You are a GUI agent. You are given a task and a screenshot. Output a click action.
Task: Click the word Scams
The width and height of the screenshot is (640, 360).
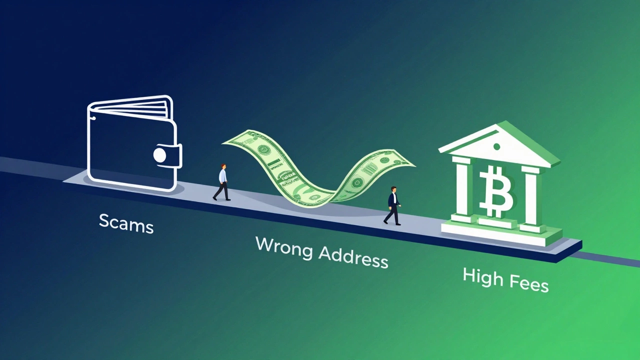point(126,223)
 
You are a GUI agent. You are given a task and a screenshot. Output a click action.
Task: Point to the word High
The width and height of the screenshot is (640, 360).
point(483,277)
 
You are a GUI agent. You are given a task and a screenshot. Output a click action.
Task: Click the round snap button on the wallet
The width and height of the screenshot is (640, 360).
point(159,155)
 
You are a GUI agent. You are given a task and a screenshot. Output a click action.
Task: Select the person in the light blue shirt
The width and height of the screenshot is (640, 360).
point(222,182)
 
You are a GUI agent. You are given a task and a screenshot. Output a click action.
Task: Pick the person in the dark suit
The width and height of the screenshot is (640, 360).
point(393,205)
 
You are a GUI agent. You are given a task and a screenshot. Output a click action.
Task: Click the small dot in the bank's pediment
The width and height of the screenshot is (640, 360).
point(496,147)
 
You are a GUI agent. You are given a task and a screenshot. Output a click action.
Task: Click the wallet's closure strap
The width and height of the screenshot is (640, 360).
point(168,154)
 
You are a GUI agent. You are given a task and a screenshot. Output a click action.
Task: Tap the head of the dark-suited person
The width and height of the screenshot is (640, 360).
point(394,189)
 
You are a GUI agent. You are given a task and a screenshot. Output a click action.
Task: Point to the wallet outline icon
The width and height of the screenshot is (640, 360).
point(132,145)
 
